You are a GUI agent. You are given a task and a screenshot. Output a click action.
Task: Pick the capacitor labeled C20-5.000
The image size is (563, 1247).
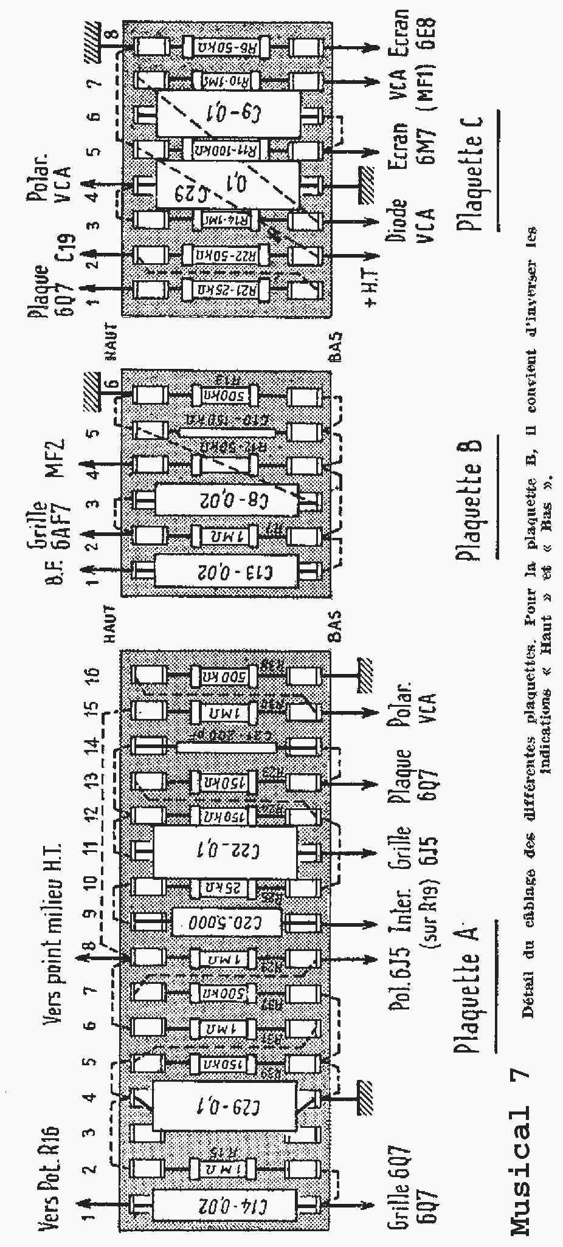tap(226, 924)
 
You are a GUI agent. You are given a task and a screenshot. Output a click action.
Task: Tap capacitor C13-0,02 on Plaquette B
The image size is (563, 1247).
tap(226, 571)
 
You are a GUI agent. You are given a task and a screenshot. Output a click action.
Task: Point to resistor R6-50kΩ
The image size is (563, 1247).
tap(226, 47)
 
